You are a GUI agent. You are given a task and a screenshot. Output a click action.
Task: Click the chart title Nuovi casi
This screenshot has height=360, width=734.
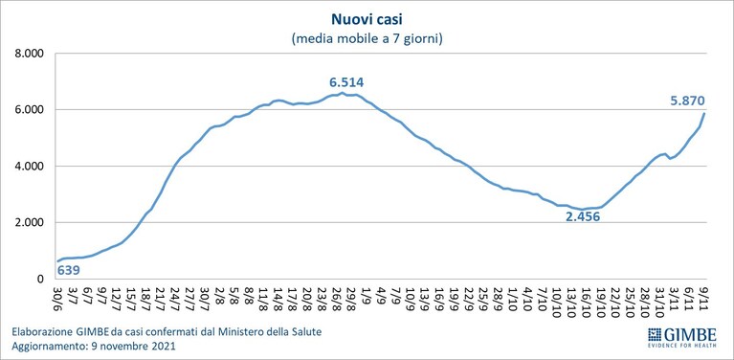(367, 19)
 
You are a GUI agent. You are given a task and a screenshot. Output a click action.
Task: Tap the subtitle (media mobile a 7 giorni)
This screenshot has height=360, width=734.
(367, 39)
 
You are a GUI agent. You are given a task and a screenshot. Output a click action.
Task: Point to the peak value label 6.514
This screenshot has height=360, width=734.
(346, 83)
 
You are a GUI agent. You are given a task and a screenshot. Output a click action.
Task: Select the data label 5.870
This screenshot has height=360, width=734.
(687, 101)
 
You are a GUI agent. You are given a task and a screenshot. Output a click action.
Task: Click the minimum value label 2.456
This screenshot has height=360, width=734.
(583, 217)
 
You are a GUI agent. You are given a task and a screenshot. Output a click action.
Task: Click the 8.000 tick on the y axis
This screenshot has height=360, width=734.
(30, 54)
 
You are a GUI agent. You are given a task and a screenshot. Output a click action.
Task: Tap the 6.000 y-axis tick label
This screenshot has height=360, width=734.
(30, 110)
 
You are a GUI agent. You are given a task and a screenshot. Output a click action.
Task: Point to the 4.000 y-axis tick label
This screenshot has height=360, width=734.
(30, 167)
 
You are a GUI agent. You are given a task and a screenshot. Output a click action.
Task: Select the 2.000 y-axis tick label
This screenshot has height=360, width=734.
(30, 223)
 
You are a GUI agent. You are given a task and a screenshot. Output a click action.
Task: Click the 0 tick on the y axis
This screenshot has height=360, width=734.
(41, 280)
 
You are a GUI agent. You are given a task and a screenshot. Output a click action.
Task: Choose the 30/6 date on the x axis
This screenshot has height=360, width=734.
(58, 297)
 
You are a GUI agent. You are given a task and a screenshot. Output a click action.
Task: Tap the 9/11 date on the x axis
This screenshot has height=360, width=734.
(704, 297)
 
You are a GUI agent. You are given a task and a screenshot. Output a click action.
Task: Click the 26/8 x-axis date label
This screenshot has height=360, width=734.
(338, 297)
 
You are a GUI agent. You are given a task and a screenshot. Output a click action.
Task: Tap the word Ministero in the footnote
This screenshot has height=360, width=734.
(235, 333)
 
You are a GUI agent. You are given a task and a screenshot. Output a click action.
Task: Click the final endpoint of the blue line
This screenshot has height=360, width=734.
(704, 113)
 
